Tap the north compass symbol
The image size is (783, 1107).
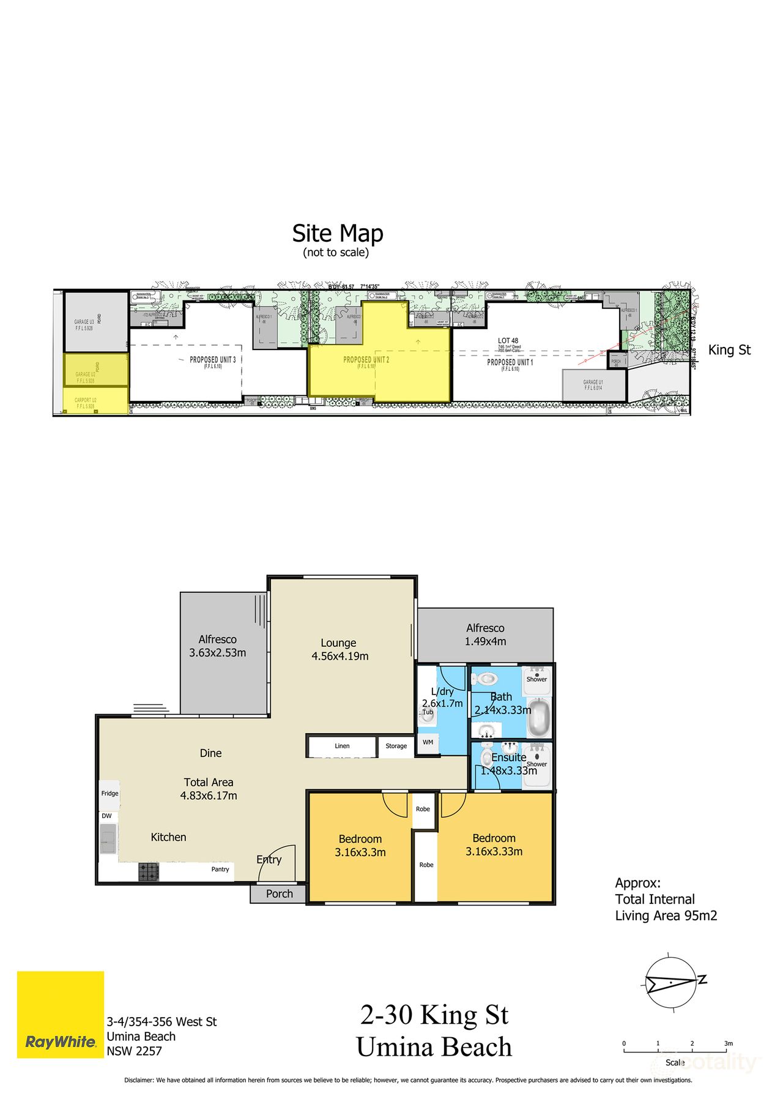tap(672, 981)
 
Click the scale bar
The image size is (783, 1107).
tap(675, 1051)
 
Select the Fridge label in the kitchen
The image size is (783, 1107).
tap(110, 794)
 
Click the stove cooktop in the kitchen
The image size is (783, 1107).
tap(148, 871)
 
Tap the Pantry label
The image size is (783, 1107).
tap(220, 869)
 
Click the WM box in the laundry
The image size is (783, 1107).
tap(428, 742)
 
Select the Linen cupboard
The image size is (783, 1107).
tap(342, 747)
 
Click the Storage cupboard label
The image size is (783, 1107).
tap(396, 746)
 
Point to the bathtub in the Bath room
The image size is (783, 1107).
tap(539, 718)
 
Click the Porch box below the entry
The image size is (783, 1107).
tap(279, 893)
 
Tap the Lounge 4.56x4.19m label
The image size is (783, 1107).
tap(340, 649)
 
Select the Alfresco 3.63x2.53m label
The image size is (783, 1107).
tap(217, 646)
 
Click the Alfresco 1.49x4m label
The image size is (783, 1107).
tap(485, 635)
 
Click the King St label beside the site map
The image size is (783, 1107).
tap(729, 350)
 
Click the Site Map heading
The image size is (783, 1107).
tap(337, 234)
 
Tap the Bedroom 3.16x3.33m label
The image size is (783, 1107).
tap(494, 844)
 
